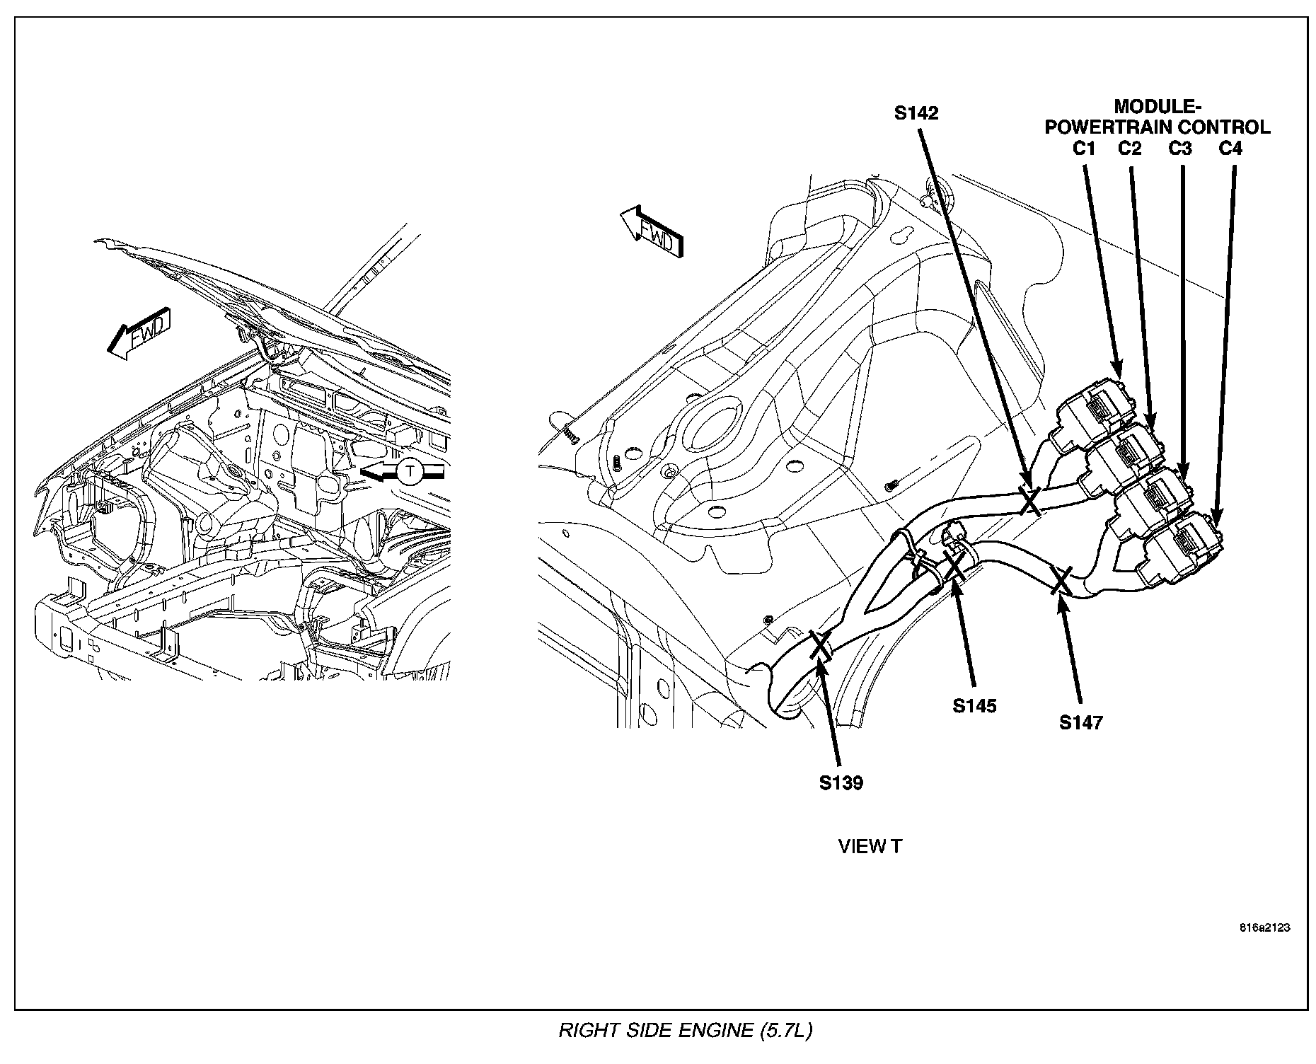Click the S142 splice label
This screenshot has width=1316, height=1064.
916,113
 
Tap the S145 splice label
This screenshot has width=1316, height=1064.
974,705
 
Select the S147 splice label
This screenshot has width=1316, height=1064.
1081,722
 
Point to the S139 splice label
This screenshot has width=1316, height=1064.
841,783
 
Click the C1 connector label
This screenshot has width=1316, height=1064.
1084,149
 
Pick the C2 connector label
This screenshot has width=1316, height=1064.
1130,149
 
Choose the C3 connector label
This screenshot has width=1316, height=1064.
1180,149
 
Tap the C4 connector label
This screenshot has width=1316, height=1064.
1230,149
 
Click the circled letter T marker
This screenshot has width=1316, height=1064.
408,471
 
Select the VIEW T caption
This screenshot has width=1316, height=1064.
870,847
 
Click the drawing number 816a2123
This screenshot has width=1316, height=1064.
1264,928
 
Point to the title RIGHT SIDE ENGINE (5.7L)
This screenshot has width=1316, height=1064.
685,1031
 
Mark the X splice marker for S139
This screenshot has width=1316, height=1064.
821,645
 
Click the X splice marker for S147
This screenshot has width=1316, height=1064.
1061,580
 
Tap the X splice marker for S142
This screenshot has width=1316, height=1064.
1030,500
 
